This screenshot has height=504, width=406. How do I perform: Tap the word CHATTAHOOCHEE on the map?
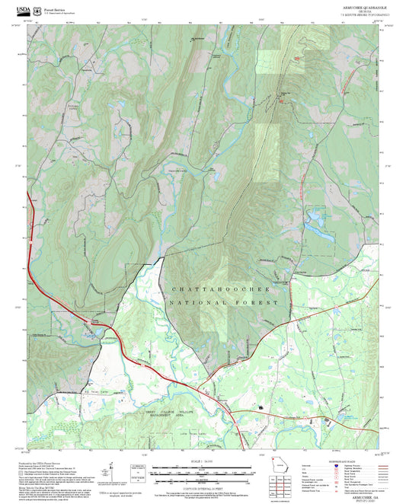coord(217,290)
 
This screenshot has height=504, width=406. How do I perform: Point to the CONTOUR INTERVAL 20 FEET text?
coord(203,486)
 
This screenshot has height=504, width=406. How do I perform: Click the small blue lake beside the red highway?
coord(89,333)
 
